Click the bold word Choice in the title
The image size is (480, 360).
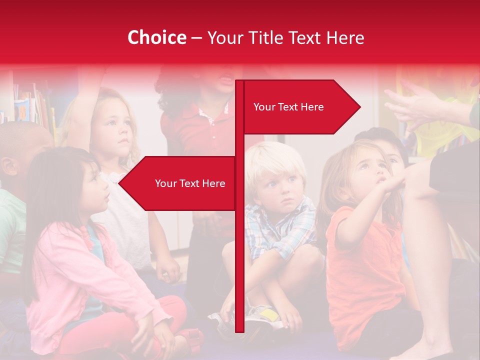[x=156, y=38]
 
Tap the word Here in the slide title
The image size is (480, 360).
[x=345, y=38]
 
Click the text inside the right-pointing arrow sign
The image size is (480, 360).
[x=288, y=107]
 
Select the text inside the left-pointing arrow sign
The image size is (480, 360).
[x=190, y=183]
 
